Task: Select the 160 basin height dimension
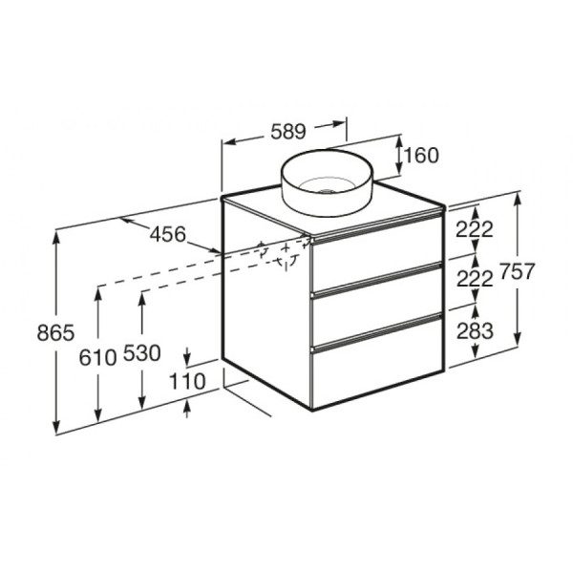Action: (420, 155)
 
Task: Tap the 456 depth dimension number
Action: (167, 234)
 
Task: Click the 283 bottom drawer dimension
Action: (475, 330)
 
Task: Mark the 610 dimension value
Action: (98, 355)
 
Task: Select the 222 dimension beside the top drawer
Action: (475, 229)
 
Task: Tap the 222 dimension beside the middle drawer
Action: (475, 279)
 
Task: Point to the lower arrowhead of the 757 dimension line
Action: (518, 339)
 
